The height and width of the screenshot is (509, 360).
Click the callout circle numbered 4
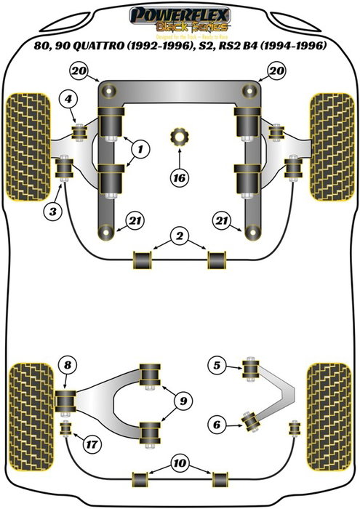tap(67, 100)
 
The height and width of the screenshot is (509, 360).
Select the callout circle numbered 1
tap(141, 150)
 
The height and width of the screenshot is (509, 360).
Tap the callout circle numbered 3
tap(50, 212)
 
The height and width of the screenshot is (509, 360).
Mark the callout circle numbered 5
tap(215, 365)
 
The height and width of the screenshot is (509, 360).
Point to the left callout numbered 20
tap(78, 70)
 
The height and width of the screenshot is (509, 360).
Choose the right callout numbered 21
tap(220, 220)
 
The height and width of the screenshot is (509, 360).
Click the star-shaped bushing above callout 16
tap(179, 137)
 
